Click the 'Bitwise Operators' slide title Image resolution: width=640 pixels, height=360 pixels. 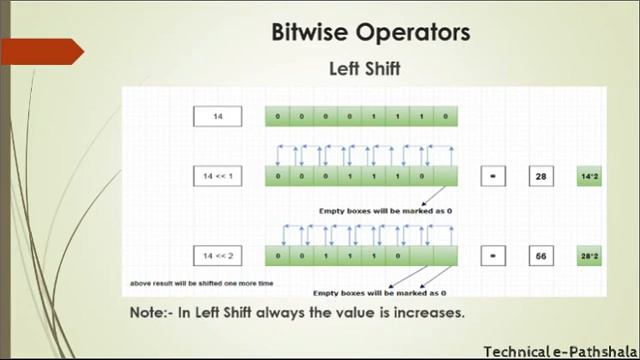370,33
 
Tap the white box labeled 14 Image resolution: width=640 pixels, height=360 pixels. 218,117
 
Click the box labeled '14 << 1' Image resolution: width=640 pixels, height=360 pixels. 218,176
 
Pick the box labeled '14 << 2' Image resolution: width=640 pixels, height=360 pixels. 218,256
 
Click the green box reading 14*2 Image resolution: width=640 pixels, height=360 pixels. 589,176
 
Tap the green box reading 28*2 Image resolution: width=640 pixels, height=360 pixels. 589,256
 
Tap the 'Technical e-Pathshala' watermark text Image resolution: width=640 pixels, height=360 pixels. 560,351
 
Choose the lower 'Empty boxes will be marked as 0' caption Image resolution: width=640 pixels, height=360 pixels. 381,292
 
